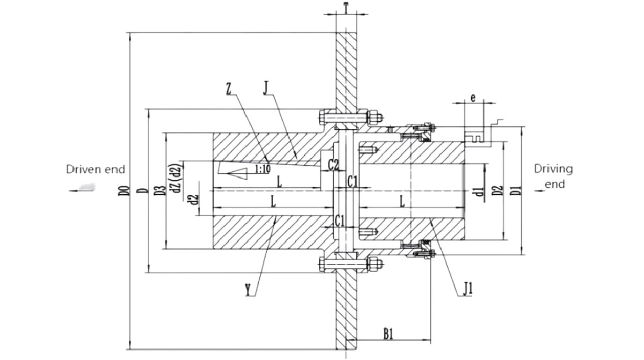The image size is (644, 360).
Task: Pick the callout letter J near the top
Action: tap(266, 87)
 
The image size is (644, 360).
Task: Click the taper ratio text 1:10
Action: tap(262, 169)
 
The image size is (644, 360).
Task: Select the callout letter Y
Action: tap(247, 290)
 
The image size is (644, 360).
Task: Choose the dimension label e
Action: tap(472, 98)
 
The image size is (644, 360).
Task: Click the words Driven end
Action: tap(96, 170)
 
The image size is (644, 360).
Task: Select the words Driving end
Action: tap(553, 176)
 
